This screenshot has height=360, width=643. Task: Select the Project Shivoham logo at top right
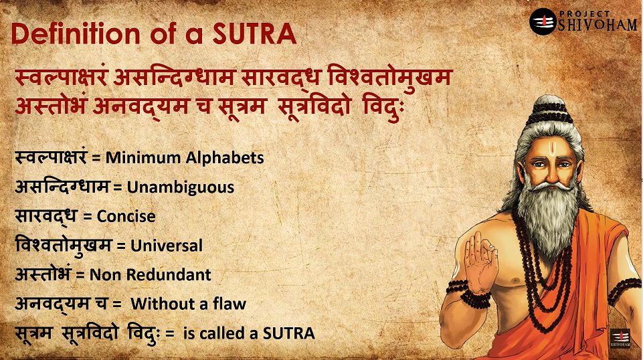pos(583,21)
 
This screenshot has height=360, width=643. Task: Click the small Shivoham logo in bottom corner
pos(620,337)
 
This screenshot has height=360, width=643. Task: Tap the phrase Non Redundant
pos(150,274)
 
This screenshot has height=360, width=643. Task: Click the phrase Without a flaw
pos(188,304)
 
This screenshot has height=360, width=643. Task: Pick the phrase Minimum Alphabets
pos(184,159)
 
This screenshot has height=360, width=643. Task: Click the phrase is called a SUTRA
pos(248,333)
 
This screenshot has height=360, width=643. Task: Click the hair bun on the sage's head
pos(550,109)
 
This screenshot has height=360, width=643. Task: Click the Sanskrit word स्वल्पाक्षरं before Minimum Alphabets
pos(51,159)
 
